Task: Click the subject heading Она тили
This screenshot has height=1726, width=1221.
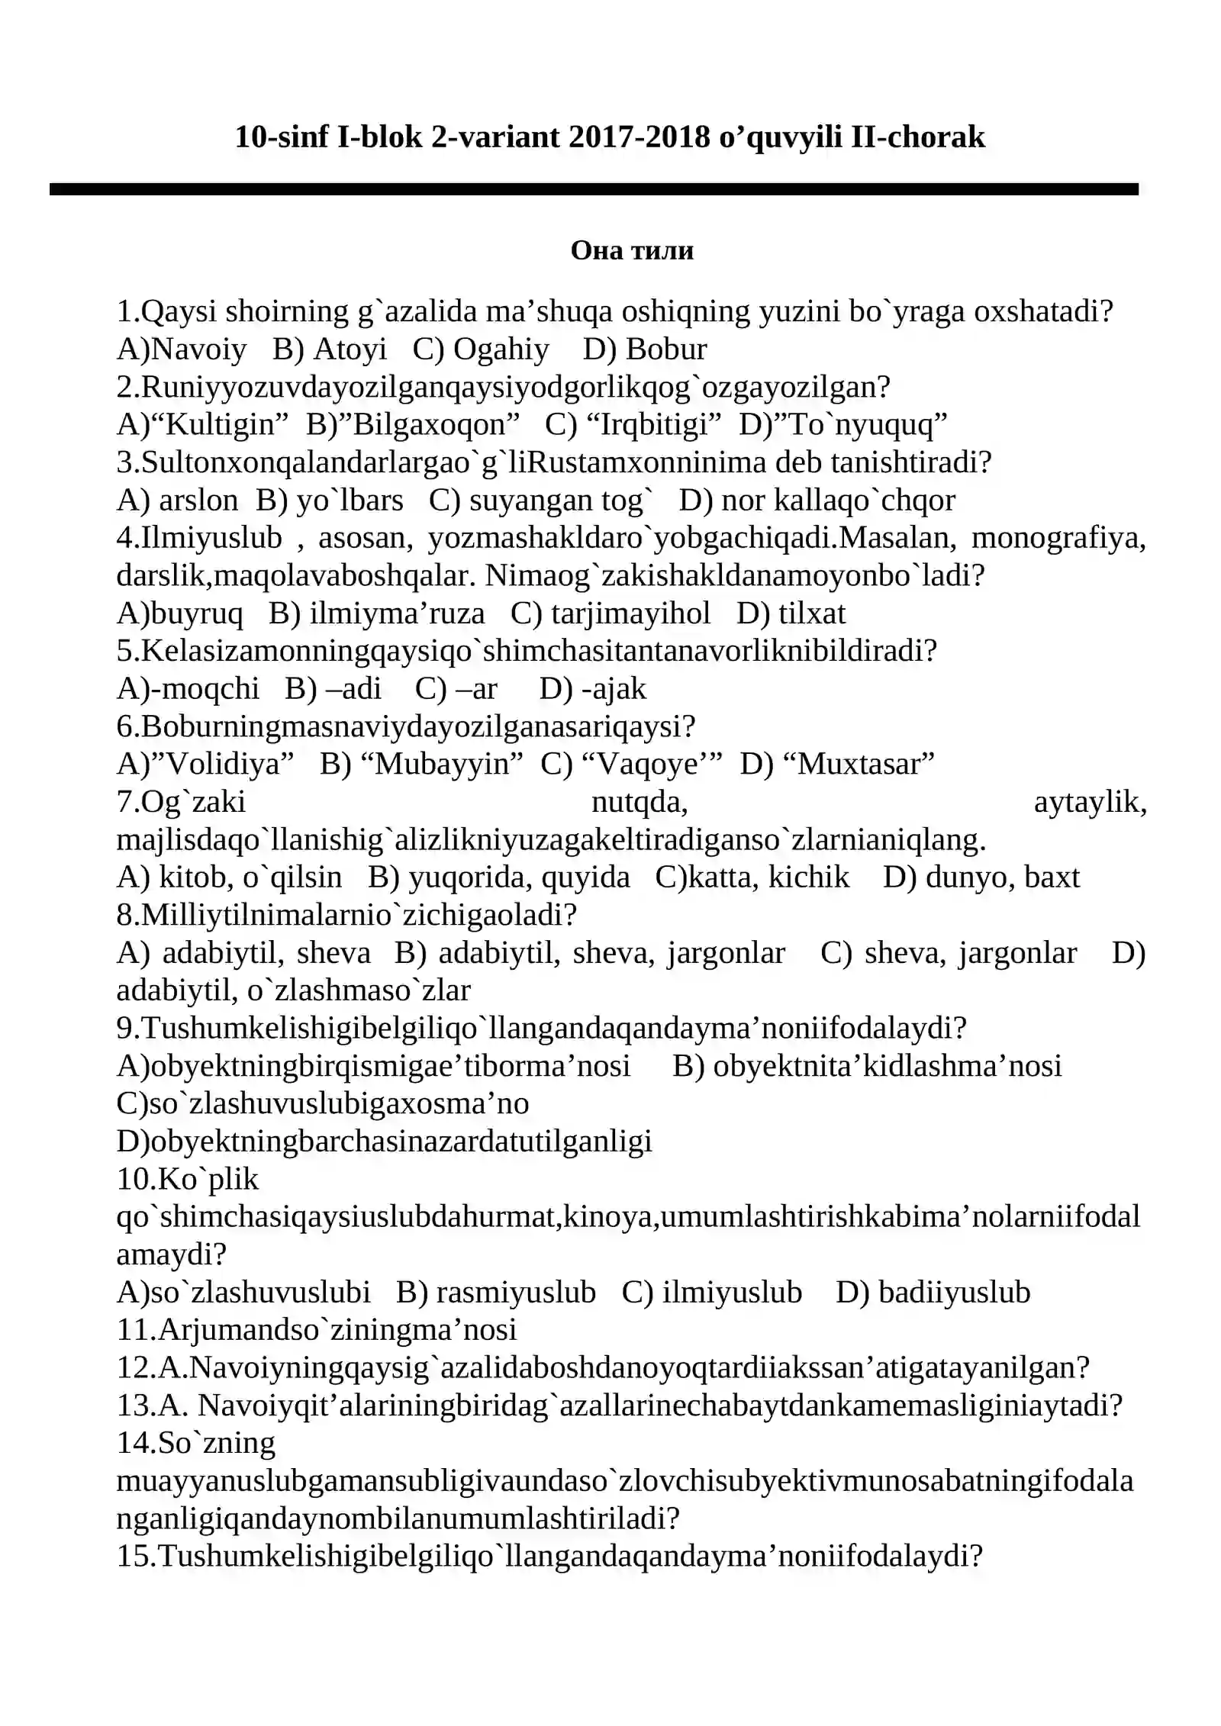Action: [x=632, y=250]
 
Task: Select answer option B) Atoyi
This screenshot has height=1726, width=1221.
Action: [x=330, y=349]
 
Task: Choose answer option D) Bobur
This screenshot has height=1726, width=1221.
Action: [x=645, y=349]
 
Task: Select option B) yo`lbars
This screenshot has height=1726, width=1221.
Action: [x=329, y=501]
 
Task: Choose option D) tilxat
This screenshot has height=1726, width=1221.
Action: [x=791, y=613]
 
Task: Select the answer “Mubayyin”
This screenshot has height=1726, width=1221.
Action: [x=437, y=764]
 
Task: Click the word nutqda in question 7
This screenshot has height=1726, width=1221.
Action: [x=639, y=802]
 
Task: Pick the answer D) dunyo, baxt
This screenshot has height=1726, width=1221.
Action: [x=981, y=877]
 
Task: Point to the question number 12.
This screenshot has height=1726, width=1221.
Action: [x=135, y=1368]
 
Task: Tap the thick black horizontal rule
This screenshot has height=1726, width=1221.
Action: [x=594, y=189]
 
